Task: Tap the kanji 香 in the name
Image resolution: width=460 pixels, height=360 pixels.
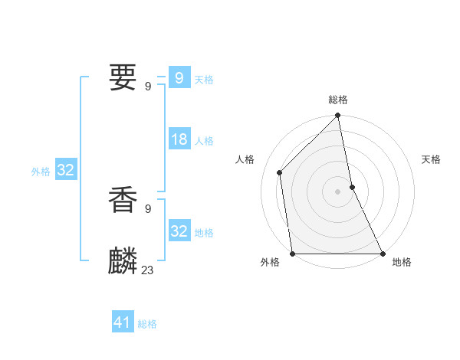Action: click(123, 199)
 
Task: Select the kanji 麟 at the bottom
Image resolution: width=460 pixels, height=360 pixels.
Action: click(123, 260)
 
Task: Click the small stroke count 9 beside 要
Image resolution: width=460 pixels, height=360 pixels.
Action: click(147, 86)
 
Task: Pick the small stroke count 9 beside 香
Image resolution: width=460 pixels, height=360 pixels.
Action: click(147, 208)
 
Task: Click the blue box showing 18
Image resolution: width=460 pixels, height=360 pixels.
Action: click(179, 140)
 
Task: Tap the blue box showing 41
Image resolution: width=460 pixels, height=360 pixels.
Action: click(123, 322)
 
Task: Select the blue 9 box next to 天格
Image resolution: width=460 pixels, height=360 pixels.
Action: click(179, 78)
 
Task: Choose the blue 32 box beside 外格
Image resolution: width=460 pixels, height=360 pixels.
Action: click(66, 170)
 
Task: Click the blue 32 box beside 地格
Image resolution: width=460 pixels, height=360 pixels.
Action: click(179, 231)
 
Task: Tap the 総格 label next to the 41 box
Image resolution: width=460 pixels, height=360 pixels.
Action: click(147, 324)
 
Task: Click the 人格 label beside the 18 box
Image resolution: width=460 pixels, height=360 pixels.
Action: click(205, 141)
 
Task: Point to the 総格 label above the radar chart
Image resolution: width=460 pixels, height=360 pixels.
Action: click(338, 100)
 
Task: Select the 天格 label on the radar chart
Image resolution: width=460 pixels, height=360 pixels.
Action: click(431, 159)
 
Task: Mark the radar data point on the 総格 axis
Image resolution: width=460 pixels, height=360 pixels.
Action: click(338, 116)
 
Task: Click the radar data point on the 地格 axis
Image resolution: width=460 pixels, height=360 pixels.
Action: click(383, 254)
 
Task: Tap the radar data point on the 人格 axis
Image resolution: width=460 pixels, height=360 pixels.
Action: click(280, 172)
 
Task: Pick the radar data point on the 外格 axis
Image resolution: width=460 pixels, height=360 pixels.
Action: click(293, 254)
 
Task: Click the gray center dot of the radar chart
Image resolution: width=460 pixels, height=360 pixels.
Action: click(338, 191)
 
